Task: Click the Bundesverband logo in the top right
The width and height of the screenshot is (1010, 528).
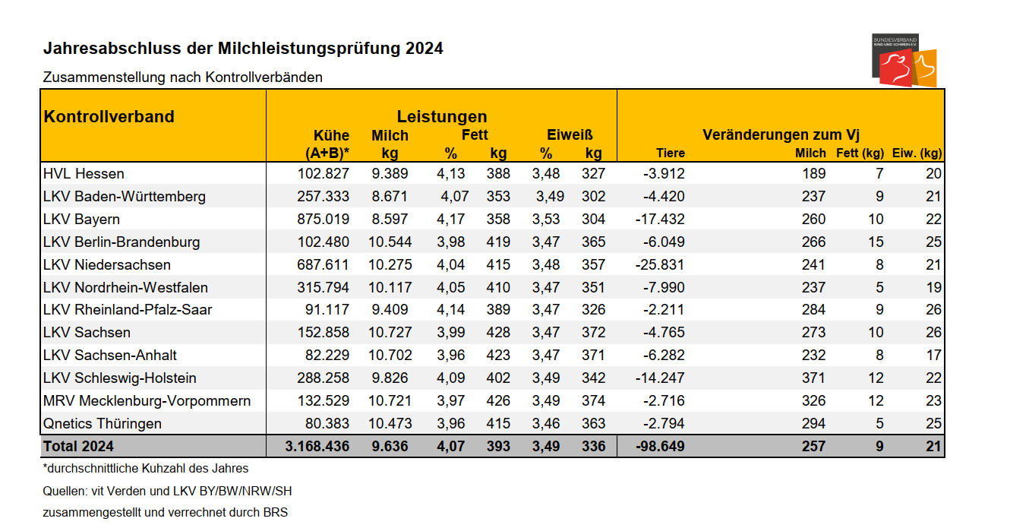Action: click(904, 61)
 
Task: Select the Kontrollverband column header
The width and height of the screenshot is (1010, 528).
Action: click(109, 117)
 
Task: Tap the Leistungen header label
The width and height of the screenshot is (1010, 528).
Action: click(441, 117)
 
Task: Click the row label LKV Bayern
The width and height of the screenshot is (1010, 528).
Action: click(82, 220)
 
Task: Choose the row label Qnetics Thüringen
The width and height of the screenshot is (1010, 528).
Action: click(103, 424)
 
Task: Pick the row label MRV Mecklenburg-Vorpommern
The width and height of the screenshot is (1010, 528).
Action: click(147, 401)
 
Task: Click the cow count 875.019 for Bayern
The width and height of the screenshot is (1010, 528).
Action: click(324, 220)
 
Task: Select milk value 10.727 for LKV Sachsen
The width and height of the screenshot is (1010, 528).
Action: click(390, 333)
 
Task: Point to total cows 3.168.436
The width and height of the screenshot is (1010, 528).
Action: click(317, 447)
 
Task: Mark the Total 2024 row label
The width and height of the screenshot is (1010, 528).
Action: click(79, 447)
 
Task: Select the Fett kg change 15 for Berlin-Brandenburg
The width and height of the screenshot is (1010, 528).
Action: click(876, 242)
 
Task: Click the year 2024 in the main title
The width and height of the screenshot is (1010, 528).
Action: click(424, 49)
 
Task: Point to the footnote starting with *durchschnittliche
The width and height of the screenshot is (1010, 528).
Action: click(146, 469)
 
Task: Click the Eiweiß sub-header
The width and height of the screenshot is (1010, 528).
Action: click(570, 135)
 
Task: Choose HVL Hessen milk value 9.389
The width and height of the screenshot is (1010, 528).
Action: click(390, 174)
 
